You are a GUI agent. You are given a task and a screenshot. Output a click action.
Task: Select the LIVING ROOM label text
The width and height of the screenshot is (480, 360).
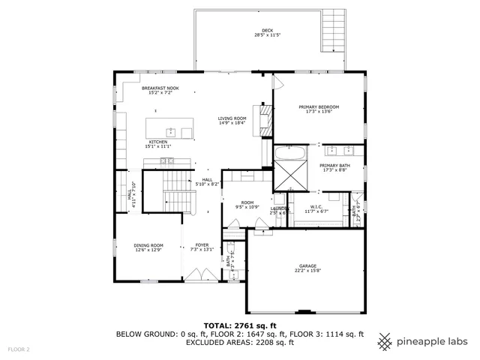(x=232, y=120)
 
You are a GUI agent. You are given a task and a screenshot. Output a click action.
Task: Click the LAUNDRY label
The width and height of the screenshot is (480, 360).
(x=279, y=210)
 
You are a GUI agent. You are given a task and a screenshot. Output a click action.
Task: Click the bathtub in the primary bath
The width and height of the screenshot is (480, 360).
(x=289, y=154)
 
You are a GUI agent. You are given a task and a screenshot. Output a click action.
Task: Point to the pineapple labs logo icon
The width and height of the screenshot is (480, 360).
(x=384, y=341)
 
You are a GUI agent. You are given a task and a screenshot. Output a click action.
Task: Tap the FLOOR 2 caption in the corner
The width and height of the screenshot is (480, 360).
(x=19, y=349)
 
